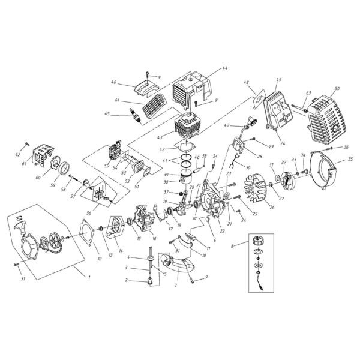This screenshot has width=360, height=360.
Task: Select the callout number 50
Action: point(337,89)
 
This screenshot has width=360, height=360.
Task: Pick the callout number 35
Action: point(351,161)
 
